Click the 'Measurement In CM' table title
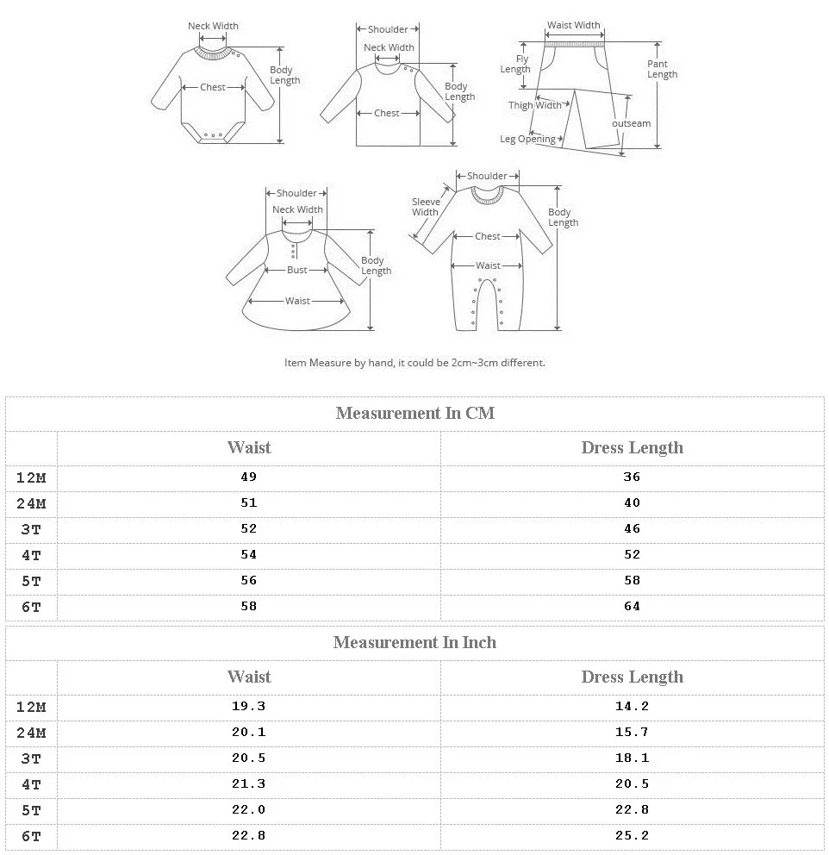414,413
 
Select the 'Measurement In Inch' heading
414,642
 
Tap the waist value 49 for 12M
249,477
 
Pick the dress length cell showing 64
632,606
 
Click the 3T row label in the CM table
31,529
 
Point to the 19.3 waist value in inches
249,706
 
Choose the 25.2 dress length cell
632,835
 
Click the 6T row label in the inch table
31,836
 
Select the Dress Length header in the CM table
632,447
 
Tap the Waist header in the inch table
249,677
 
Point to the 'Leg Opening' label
527,139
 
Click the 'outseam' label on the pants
631,123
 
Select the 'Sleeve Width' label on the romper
425,207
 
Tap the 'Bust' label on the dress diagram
297,270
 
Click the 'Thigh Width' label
534,105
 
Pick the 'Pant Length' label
662,69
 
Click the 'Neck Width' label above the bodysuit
213,26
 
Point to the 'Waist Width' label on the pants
574,25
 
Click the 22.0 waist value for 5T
249,809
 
